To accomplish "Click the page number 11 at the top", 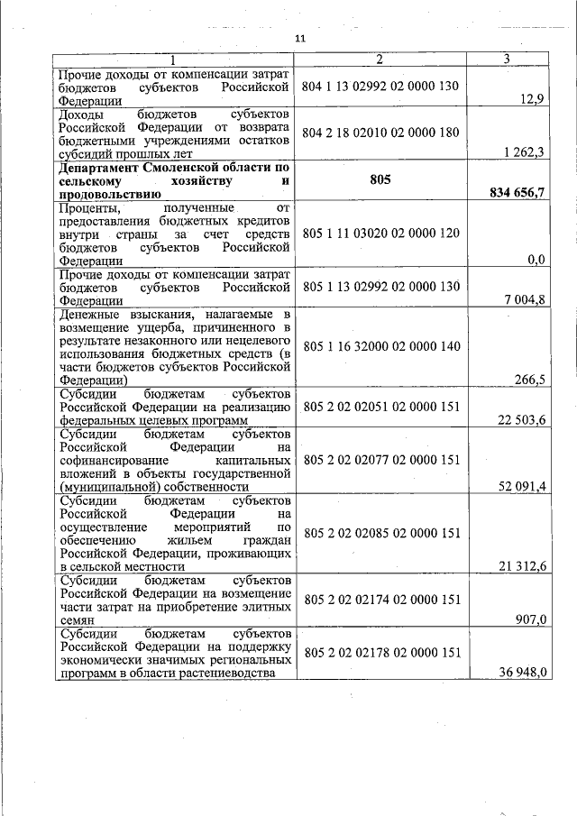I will [300, 39].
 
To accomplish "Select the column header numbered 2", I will [380, 60].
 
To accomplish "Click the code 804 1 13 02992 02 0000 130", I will [381, 87].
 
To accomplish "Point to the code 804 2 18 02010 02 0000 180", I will [381, 133].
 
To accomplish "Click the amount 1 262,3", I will [522, 152].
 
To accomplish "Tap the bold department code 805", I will [380, 179].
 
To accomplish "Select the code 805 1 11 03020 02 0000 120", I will [381, 233].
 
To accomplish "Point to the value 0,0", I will [536, 260].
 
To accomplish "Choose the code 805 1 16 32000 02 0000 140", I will [381, 345].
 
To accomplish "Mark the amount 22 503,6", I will [522, 419].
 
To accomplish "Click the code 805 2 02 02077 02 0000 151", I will [381, 459].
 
